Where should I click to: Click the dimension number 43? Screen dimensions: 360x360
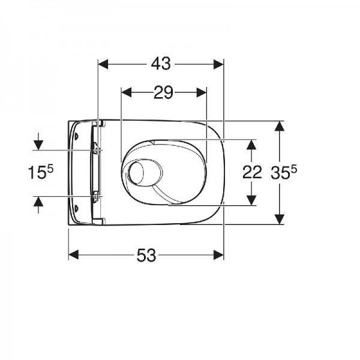[161, 64]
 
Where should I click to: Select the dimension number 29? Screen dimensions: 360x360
[163, 92]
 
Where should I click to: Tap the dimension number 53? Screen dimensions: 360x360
[146, 256]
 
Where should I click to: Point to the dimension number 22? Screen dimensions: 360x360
[252, 172]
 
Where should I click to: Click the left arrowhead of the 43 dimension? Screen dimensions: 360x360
[103, 64]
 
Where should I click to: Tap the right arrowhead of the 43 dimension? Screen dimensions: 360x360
[218, 64]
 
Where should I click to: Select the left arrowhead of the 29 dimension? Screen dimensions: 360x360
[126, 92]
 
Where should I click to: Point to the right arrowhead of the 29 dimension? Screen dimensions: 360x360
[202, 92]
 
